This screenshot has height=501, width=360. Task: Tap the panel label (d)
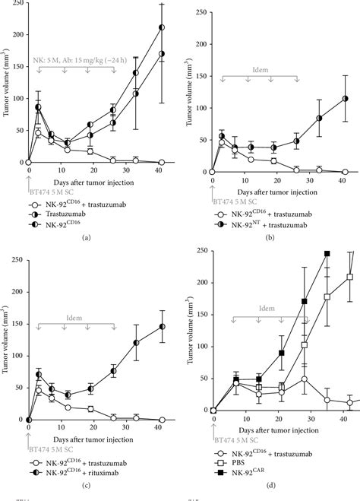(276, 484)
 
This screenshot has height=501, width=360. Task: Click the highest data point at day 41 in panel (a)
(162, 28)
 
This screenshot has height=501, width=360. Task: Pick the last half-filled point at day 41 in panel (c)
(162, 327)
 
